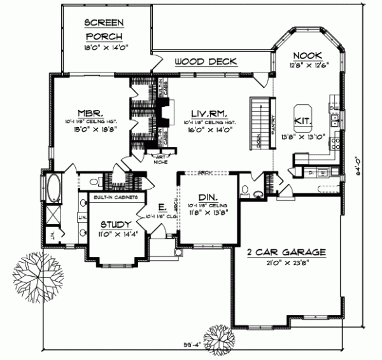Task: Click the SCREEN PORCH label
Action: [104, 29]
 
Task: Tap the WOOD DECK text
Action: [205, 62]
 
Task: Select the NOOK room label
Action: [308, 56]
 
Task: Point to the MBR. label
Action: [83, 109]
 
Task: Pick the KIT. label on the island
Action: [302, 119]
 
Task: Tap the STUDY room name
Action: [116, 225]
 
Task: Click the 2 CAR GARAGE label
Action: [286, 252]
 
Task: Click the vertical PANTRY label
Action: [272, 124]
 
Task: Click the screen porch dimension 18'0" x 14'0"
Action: [104, 46]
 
